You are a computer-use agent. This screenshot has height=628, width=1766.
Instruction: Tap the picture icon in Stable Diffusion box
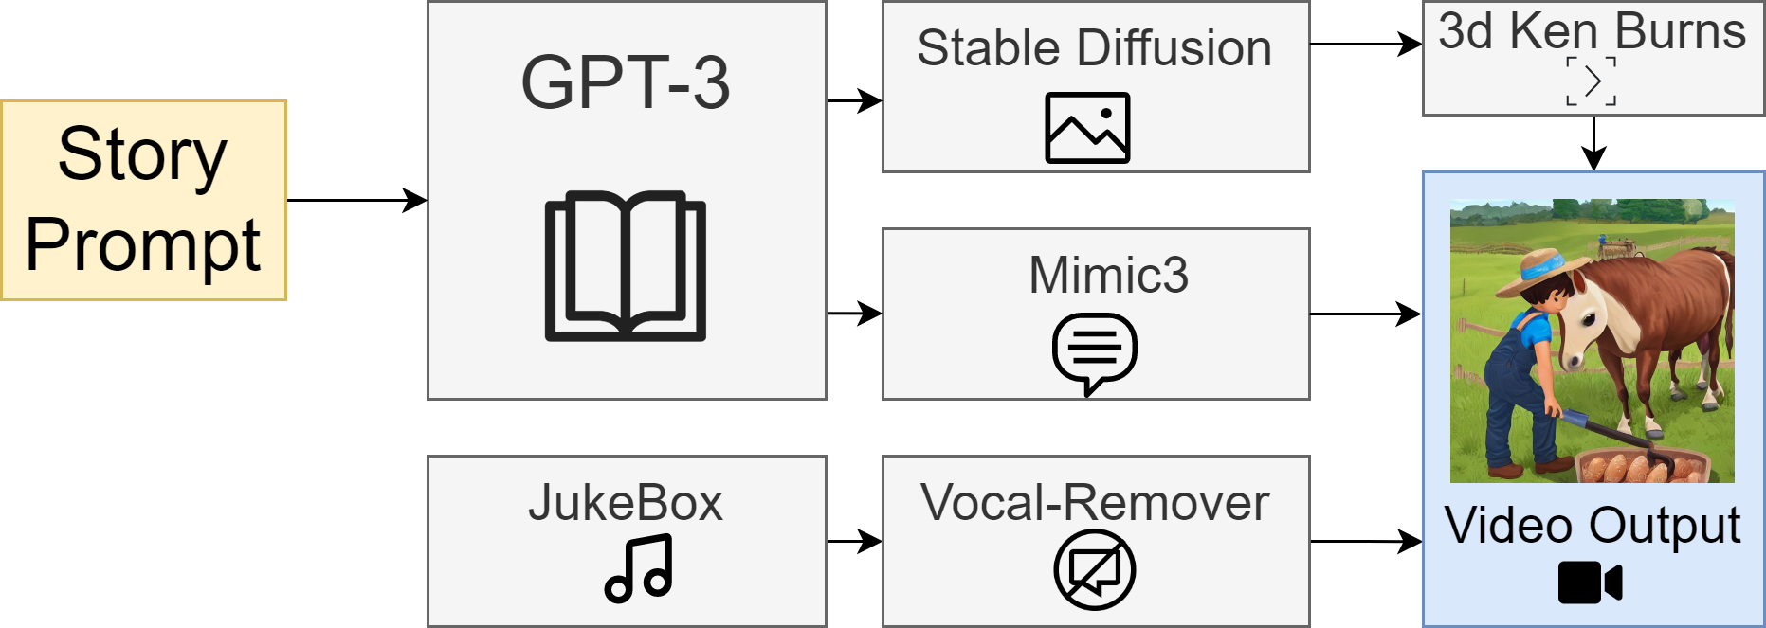coord(1087,128)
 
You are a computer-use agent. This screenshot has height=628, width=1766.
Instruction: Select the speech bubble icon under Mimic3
coord(1095,352)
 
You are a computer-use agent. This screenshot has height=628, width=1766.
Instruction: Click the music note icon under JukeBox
coord(639,568)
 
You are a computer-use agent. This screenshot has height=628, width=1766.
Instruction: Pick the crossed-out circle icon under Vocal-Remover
coord(1095,570)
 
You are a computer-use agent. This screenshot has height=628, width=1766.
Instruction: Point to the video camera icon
coord(1590,583)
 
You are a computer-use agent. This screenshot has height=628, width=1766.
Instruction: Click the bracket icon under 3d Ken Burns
coord(1592,81)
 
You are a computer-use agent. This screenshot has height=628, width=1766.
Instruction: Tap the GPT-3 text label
coord(626,83)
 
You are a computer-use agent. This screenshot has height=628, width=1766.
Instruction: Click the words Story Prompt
coord(143,200)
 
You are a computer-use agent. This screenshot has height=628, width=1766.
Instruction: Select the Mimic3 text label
coord(1108,276)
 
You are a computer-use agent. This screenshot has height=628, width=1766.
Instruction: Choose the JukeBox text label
coord(626,503)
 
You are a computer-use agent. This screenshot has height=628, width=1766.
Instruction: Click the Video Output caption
coord(1593,526)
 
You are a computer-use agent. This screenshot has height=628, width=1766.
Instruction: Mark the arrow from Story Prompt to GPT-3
coord(356,201)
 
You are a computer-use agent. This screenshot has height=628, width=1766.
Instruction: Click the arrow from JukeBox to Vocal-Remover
coord(854,542)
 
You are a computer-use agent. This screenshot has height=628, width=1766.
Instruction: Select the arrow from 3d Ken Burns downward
coord(1594,144)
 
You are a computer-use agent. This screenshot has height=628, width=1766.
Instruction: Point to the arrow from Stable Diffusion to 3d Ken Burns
coord(1365,44)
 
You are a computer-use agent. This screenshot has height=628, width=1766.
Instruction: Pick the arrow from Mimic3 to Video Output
coord(1365,314)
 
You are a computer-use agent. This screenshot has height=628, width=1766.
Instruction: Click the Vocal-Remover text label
coord(1095,503)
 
